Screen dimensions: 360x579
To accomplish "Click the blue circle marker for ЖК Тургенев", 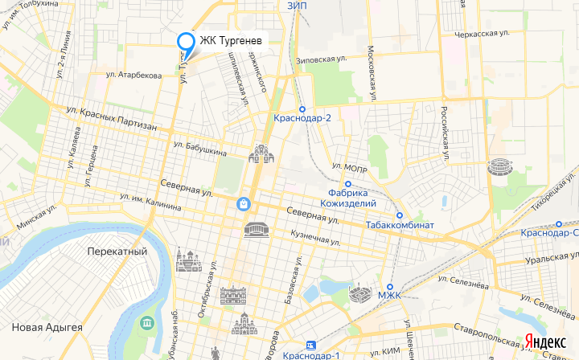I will click(x=186, y=42).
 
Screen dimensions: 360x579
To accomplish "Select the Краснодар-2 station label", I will click(x=302, y=117).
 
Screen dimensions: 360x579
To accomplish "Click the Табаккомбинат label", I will click(x=400, y=224).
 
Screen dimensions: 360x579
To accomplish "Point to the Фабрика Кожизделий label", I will click(x=348, y=198).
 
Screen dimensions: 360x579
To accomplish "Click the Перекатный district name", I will click(x=117, y=252).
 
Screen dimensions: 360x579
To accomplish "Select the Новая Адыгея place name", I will click(x=47, y=327).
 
